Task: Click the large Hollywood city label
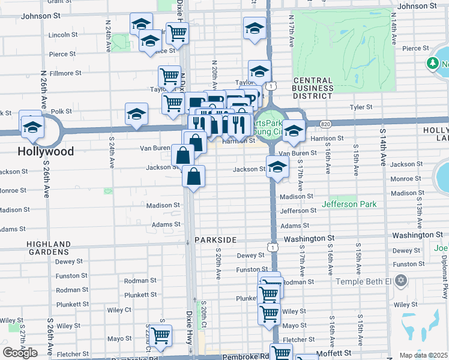46,151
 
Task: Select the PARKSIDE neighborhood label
215,240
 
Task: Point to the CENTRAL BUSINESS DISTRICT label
313,88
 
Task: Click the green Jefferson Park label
349,205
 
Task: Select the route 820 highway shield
325,124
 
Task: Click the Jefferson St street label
298,211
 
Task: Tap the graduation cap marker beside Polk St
137,113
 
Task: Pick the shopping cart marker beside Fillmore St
170,77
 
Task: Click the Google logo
20,353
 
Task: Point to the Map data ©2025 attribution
424,355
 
